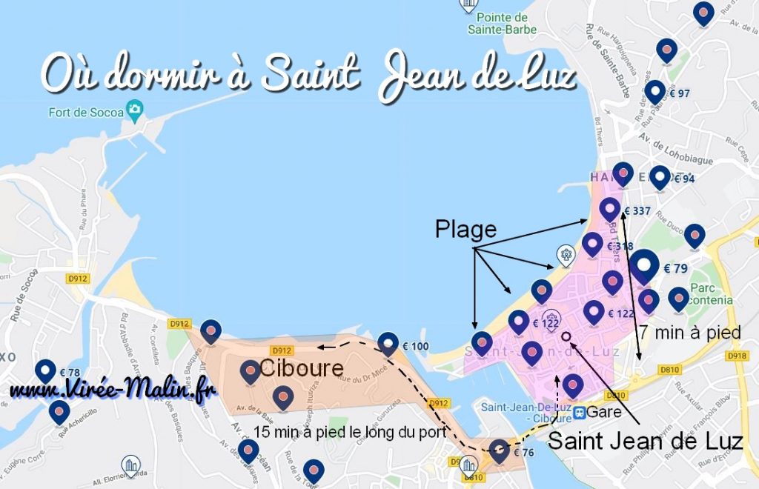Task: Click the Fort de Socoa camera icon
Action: [x=134, y=110]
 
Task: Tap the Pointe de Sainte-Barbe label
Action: [x=503, y=23]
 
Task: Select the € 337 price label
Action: [x=637, y=211]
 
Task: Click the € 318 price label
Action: [x=620, y=246]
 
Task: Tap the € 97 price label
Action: [x=680, y=93]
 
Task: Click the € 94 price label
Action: [x=684, y=179]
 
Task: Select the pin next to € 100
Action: [x=388, y=343]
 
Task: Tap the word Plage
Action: [x=465, y=230]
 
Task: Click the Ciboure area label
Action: [x=301, y=368]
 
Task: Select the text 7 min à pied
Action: [x=690, y=333]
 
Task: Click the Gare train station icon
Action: [x=582, y=411]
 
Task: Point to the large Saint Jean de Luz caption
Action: [x=645, y=442]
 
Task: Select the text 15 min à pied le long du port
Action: [x=351, y=432]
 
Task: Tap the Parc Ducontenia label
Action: [x=711, y=293]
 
